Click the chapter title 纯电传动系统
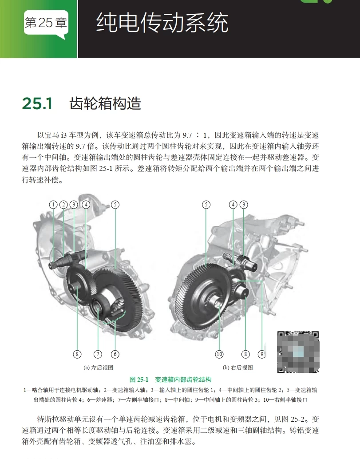162,23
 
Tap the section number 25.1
37,104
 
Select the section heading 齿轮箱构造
105,104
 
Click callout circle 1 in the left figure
53,205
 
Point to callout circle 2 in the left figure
63,205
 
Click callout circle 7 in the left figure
98,354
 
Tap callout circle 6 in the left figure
115,354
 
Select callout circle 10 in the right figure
219,354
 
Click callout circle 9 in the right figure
262,354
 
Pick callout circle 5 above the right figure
206,205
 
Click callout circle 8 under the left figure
77,354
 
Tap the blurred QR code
298,352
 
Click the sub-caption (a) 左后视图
99,368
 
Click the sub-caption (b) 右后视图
237,368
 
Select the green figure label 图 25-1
138,380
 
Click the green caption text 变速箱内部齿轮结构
183,380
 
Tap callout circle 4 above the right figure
233,205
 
